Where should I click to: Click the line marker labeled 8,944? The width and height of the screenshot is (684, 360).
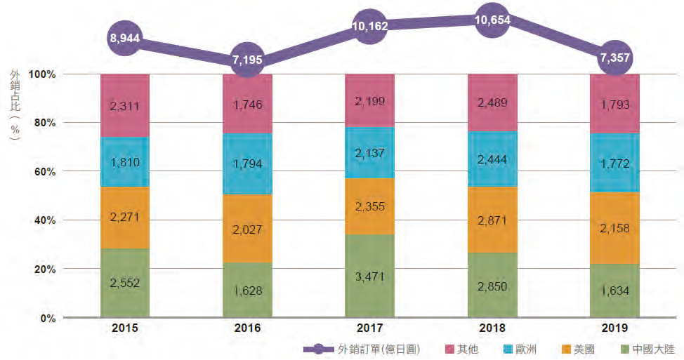tap(125, 39)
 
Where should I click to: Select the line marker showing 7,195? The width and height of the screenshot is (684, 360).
tap(246, 60)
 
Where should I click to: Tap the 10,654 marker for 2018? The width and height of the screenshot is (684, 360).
tap(492, 20)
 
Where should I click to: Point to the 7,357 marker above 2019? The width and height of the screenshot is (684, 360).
tap(614, 60)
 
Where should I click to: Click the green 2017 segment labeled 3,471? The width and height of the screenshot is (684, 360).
tap(369, 276)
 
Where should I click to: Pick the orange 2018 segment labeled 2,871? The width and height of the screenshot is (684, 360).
tap(492, 219)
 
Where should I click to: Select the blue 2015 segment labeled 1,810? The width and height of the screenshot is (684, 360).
tap(125, 162)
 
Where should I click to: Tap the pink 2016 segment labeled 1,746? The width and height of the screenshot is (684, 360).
tap(246, 103)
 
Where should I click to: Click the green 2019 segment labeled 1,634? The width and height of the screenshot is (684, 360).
tap(614, 291)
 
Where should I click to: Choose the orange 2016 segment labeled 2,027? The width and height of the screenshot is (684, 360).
tap(246, 229)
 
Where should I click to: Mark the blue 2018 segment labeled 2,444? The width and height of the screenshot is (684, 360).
tap(492, 159)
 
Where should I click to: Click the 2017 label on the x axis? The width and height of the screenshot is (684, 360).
tap(369, 328)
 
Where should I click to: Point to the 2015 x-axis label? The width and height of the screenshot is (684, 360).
tap(125, 328)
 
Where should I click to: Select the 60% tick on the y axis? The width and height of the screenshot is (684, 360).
tap(44, 171)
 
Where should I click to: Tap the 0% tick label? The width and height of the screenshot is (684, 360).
tap(47, 318)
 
